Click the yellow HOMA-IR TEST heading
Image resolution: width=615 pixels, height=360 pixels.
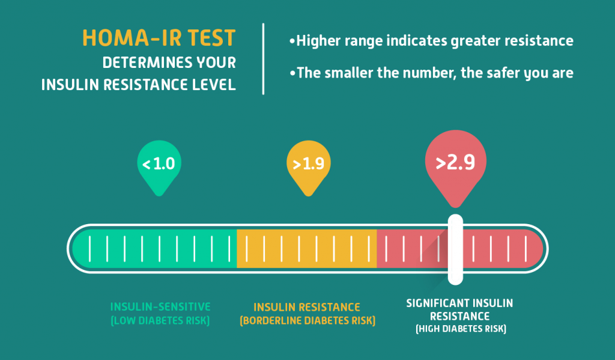click(x=159, y=38)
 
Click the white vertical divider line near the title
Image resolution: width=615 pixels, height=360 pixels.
click(x=263, y=59)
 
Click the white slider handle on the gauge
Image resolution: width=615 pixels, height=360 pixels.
click(x=455, y=249)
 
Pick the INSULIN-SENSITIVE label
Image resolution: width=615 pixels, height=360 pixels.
click(x=160, y=307)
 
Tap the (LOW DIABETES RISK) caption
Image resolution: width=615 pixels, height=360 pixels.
click(x=160, y=320)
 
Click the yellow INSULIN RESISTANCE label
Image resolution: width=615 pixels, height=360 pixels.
click(x=307, y=307)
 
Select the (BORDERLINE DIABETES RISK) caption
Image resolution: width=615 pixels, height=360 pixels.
click(x=307, y=321)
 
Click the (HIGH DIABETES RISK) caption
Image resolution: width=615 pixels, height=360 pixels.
click(x=461, y=329)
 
